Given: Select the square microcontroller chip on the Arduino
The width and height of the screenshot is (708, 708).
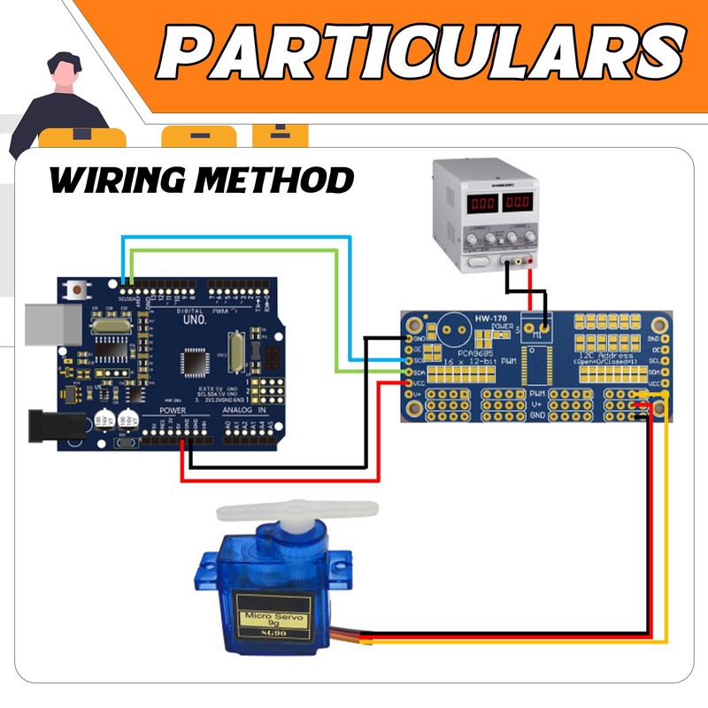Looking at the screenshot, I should pos(196,363).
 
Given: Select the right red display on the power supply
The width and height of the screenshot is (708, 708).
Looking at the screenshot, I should pos(519,203).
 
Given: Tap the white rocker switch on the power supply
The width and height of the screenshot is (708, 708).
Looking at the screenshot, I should pos(479,260).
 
